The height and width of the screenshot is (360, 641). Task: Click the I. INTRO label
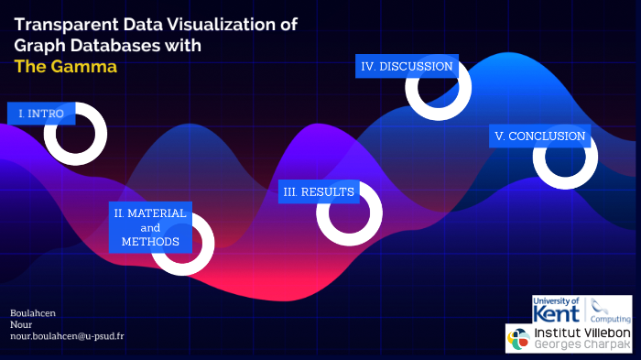[41, 114]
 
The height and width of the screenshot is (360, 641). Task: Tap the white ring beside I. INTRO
[76, 134]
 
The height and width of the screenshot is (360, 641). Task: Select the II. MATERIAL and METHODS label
[150, 227]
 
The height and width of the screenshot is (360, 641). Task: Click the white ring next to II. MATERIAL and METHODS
[183, 245]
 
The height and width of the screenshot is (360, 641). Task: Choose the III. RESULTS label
[319, 191]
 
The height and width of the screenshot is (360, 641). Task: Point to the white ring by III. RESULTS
[349, 213]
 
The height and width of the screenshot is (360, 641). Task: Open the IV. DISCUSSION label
[407, 66]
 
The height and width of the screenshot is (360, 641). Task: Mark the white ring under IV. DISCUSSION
[438, 88]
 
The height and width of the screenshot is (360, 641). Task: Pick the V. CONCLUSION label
[539, 136]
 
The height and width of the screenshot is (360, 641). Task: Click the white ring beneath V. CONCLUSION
[565, 158]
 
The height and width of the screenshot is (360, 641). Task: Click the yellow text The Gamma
[65, 67]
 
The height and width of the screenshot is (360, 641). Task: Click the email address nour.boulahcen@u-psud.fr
[67, 336]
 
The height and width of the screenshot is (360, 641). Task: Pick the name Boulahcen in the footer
[33, 312]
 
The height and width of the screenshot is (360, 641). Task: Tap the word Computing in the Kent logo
[612, 318]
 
